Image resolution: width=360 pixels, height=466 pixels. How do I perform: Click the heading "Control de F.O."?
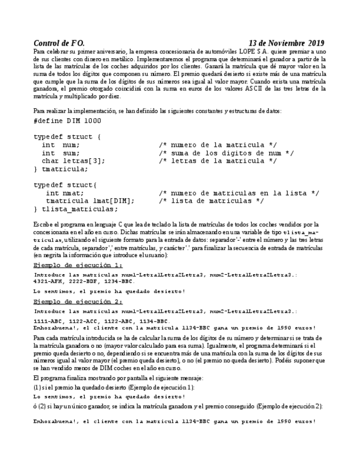coord(59,43)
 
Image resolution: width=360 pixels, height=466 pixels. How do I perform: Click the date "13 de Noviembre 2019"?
coord(286,43)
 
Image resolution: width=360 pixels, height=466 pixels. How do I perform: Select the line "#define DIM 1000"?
coord(67,120)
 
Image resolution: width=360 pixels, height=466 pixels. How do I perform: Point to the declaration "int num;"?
coord(60,145)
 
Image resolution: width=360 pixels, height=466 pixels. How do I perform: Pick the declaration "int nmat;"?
coord(65,193)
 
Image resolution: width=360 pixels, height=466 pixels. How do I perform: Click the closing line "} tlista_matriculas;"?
coord(75,209)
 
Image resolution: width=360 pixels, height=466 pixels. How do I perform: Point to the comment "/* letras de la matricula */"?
coord(218,161)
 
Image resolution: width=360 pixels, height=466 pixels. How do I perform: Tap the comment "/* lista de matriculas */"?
coord(211,201)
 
